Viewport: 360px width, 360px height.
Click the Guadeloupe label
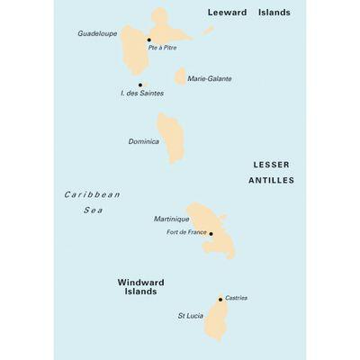pos(97,33)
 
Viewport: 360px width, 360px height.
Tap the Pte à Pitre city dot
pos(148,40)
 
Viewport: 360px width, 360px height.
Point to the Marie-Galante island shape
pos(180,76)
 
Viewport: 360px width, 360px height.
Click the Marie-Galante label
pos(210,79)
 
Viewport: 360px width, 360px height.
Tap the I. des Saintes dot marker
pos(140,85)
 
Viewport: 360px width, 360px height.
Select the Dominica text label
pos(144,142)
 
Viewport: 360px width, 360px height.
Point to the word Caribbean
pos(92,194)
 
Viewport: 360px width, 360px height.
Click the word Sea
pos(94,210)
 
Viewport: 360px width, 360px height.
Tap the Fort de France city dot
pos(211,233)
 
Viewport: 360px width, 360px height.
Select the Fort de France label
pos(186,233)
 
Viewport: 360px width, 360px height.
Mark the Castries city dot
pos(220,300)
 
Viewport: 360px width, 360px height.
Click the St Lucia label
pos(191,317)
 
